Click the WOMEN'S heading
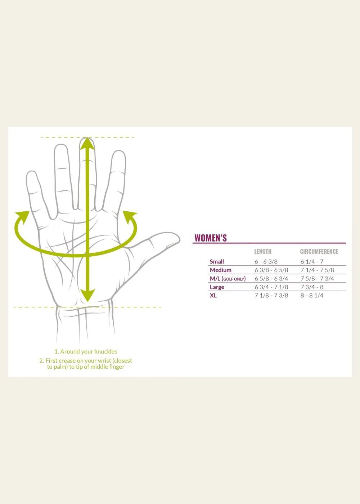[x=211, y=238]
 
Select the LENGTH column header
[x=263, y=252]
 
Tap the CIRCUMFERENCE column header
[x=319, y=252]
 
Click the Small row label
[x=217, y=262]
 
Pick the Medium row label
[x=220, y=270]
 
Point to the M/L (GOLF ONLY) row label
[x=228, y=279]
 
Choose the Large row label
[x=217, y=287]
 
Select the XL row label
[x=213, y=296]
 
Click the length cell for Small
[x=266, y=262]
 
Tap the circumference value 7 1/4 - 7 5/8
[x=317, y=270]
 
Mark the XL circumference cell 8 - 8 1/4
[x=312, y=296]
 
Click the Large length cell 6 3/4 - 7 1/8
[x=271, y=287]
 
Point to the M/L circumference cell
[x=317, y=279]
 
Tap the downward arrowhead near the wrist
[x=87, y=296]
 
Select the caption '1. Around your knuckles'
[x=86, y=352]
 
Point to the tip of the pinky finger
[x=31, y=175]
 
